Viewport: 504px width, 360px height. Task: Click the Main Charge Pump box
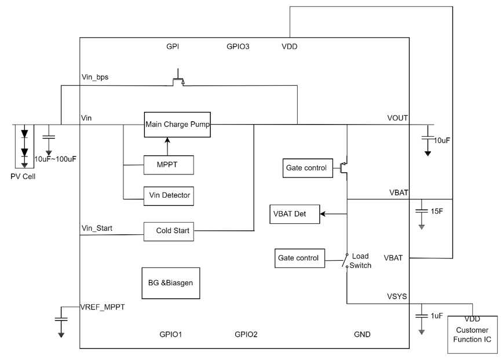[x=177, y=124]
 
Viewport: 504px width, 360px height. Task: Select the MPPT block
[x=169, y=165]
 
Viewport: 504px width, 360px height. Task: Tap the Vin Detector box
[x=169, y=195]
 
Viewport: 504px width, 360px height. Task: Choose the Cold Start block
[x=169, y=231]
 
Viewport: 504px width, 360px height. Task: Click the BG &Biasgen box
[x=171, y=283]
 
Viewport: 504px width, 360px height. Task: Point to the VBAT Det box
[x=295, y=214]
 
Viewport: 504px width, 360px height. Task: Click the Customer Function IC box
[x=473, y=334]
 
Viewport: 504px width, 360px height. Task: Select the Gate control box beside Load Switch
[x=300, y=258]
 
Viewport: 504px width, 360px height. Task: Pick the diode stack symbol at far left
[x=24, y=146]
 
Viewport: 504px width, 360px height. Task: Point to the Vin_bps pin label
[x=95, y=77]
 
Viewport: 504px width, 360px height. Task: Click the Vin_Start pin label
[x=97, y=228]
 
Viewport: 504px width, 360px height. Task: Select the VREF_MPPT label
[x=103, y=307]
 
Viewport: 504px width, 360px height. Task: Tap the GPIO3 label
[x=238, y=46]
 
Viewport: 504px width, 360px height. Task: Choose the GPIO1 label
[x=171, y=334]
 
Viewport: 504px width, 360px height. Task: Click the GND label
[x=362, y=334]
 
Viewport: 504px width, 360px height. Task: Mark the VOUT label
[x=397, y=118]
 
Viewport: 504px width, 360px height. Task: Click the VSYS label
[x=397, y=297]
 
